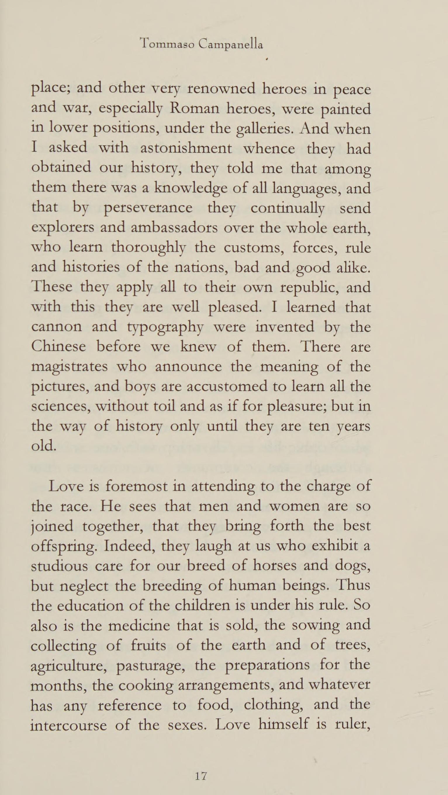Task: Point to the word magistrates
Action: click(70, 367)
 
